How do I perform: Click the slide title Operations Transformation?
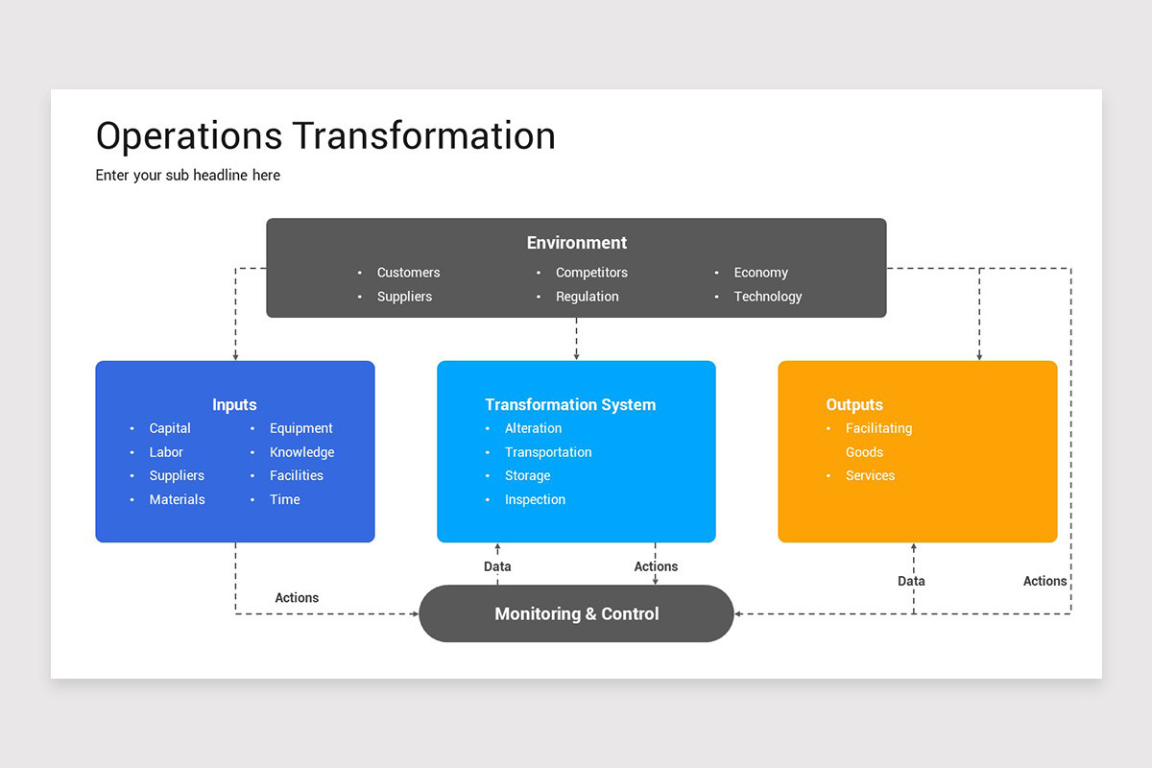click(325, 136)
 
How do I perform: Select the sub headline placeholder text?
click(188, 175)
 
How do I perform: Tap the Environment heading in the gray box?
click(576, 243)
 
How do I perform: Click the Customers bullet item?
click(408, 273)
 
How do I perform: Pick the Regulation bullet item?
click(587, 297)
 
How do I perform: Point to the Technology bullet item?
click(767, 297)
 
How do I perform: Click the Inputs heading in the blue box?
click(234, 404)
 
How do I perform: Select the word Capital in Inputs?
click(170, 428)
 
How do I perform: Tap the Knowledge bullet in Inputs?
click(301, 452)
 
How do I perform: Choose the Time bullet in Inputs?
click(284, 499)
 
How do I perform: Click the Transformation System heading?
click(570, 404)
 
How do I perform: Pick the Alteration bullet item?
click(533, 428)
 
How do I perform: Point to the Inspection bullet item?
click(535, 499)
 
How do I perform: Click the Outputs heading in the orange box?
click(853, 404)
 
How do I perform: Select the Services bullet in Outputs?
click(870, 475)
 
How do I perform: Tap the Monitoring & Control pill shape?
click(576, 613)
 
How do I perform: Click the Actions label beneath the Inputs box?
click(297, 597)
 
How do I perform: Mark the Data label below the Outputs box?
click(911, 581)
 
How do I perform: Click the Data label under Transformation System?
click(497, 566)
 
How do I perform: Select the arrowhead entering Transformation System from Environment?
click(576, 356)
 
